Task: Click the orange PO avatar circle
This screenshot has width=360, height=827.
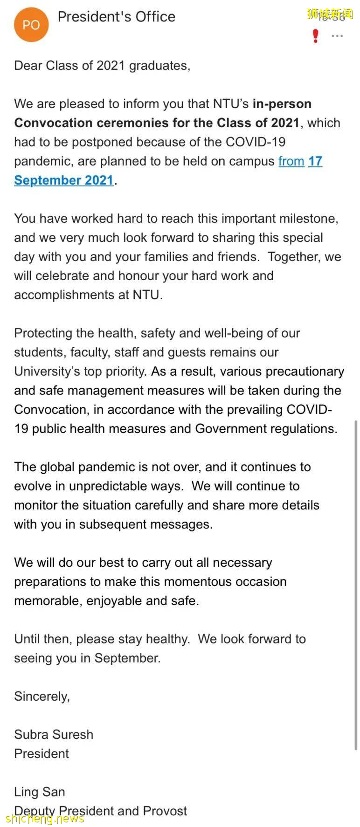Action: (31, 25)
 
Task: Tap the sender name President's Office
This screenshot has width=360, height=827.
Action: (116, 17)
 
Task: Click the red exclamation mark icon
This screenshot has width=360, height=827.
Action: (316, 36)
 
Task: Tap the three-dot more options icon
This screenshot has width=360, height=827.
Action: (337, 36)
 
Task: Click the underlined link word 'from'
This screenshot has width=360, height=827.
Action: (291, 161)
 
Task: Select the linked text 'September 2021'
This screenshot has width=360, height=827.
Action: (64, 180)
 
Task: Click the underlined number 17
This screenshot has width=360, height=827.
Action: (315, 161)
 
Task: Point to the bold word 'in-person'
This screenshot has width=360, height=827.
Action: (282, 103)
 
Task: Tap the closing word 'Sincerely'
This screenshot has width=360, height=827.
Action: (41, 696)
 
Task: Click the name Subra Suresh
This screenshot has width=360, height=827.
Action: (53, 735)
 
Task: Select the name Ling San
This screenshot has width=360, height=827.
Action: (39, 792)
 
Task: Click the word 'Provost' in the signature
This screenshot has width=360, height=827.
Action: (165, 811)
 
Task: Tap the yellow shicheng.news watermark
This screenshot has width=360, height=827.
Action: (45, 819)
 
